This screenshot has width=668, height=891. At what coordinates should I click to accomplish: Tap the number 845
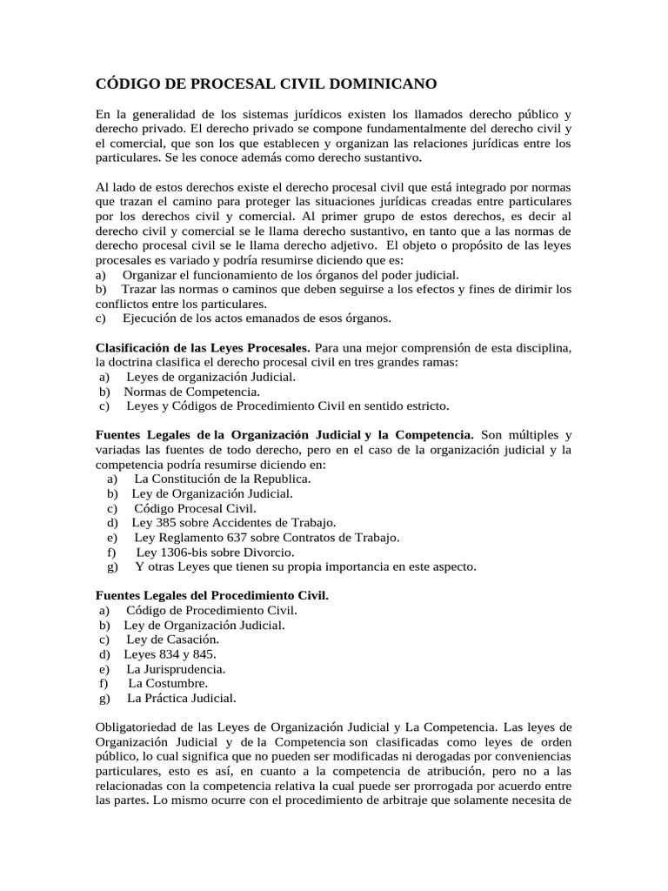pos(204,653)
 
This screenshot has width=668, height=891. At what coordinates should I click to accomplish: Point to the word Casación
pos(182,639)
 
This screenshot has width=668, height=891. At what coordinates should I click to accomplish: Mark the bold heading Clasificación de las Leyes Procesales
pos(202,348)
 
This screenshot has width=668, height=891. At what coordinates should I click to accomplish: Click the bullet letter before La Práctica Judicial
pos(104,698)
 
